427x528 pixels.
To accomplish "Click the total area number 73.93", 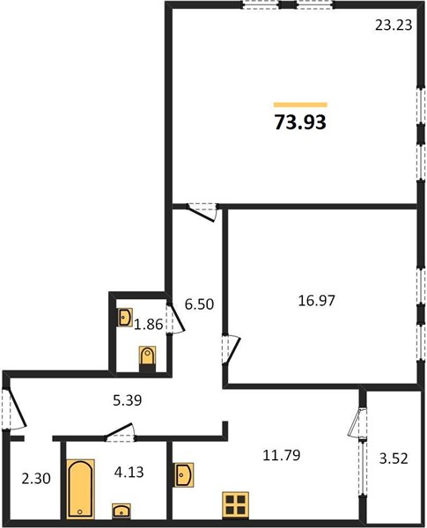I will tap(300, 122).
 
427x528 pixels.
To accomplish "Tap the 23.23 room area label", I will tap(392, 26).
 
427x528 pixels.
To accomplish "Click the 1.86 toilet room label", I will tap(147, 326).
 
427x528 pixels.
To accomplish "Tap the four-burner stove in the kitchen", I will tap(234, 504).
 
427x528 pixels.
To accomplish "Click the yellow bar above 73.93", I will tap(300, 104).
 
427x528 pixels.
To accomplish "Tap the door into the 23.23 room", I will tap(202, 212).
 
